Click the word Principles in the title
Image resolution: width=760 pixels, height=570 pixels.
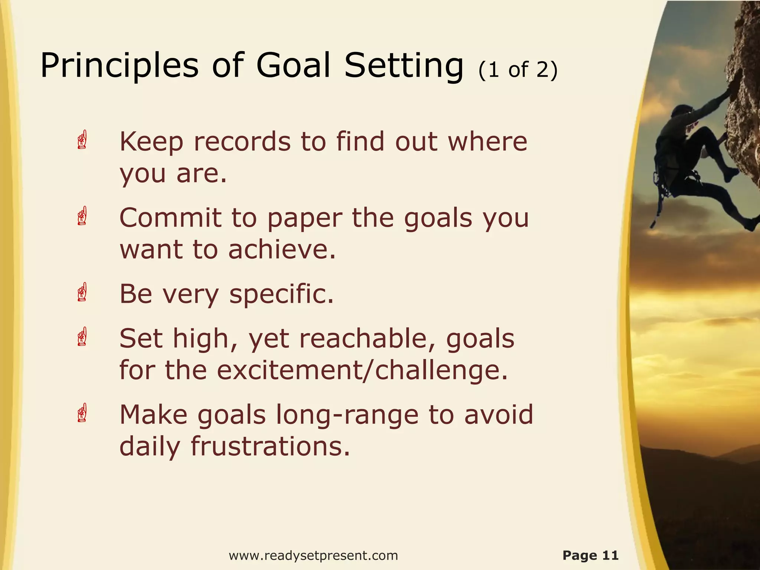[119, 66]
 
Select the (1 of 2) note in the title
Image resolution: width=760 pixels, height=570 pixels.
[518, 70]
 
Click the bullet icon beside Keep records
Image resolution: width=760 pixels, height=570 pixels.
[82, 140]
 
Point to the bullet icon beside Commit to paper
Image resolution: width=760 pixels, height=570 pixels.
[82, 216]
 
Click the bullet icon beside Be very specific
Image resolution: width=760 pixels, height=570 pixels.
[82, 292]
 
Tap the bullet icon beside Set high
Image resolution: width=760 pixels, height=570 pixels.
[82, 337]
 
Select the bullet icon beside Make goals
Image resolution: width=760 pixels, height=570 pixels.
[82, 413]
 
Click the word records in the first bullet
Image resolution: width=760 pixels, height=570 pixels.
[242, 142]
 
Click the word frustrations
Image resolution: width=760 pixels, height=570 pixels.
[270, 446]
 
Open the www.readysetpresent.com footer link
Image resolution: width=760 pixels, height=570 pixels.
[313, 556]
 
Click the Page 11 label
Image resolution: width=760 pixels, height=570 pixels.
[590, 555]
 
